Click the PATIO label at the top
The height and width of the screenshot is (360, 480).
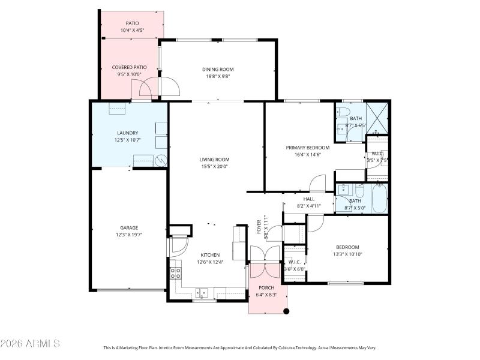(x=132, y=23)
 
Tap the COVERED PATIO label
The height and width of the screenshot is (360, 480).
(x=130, y=67)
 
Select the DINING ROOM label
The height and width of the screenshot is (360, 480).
(x=217, y=69)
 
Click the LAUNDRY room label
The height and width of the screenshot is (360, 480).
(x=128, y=133)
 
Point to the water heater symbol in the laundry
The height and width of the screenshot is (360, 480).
(x=161, y=160)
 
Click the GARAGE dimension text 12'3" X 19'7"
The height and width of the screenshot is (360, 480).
(x=128, y=235)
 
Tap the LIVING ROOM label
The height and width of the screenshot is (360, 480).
(x=214, y=159)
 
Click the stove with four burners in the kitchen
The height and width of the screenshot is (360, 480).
(x=176, y=273)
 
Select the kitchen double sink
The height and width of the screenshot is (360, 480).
(x=202, y=293)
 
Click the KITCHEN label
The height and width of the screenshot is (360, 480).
(x=209, y=254)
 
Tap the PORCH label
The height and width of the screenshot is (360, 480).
(x=267, y=288)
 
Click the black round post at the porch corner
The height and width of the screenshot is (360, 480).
(x=286, y=311)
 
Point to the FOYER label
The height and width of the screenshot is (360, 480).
(x=259, y=226)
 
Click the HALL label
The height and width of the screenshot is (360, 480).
(x=309, y=199)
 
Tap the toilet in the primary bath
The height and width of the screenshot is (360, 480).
(x=343, y=112)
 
